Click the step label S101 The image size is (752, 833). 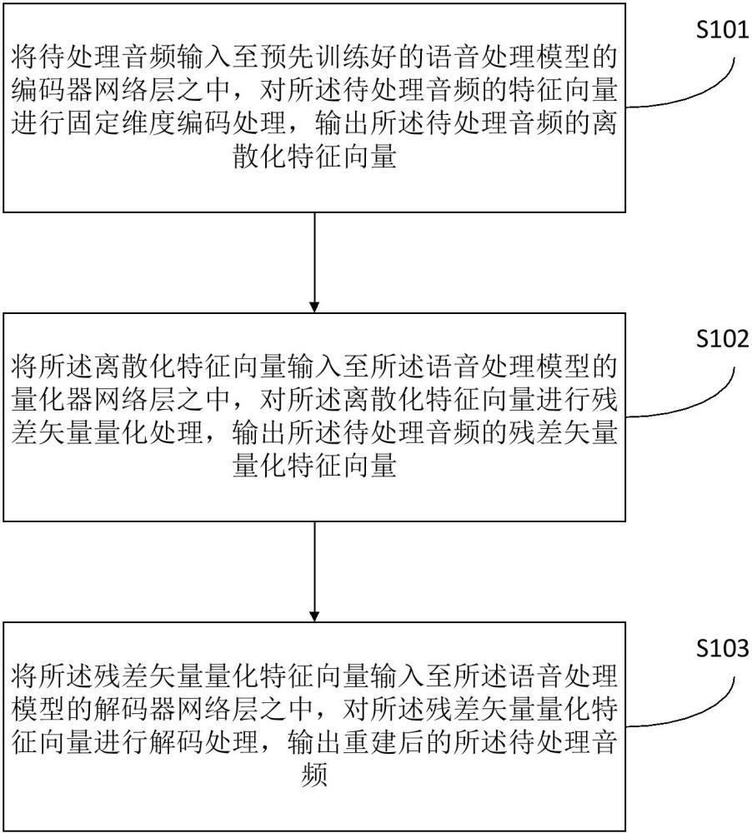pyautogui.click(x=723, y=32)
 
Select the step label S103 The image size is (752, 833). pyautogui.click(x=723, y=649)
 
